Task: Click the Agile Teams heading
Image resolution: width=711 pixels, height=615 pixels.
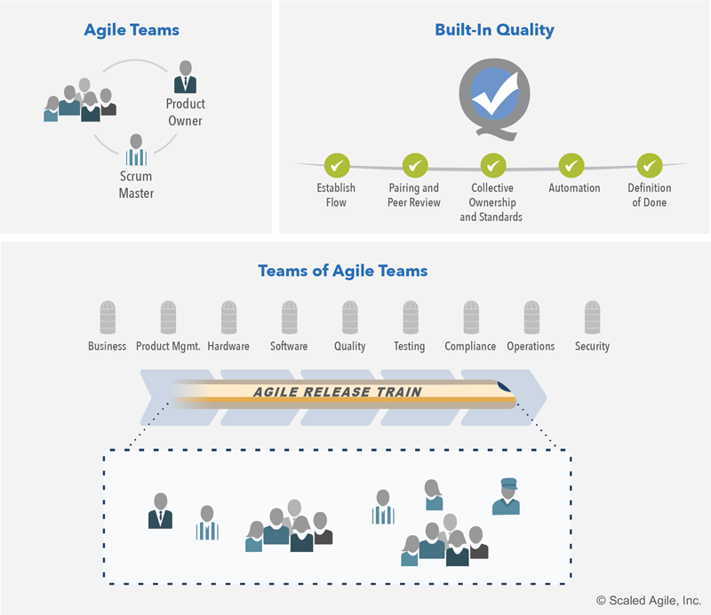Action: [132, 30]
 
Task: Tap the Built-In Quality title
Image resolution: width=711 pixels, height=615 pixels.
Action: [494, 30]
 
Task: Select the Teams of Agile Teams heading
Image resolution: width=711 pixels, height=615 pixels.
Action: [342, 271]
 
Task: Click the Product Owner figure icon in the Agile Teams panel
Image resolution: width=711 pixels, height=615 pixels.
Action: [186, 78]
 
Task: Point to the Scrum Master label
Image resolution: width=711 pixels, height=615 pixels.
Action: [136, 185]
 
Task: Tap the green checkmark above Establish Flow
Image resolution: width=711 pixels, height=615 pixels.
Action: [336, 164]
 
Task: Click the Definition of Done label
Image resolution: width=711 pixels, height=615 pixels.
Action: [651, 195]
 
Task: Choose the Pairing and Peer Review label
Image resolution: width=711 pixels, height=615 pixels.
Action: [414, 195]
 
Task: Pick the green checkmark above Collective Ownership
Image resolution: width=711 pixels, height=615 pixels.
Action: [493, 164]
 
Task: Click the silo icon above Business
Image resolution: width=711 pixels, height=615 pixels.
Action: [108, 317]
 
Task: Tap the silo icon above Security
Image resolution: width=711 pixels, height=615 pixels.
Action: [592, 317]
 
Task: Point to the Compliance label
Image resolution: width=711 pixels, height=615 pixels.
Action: [470, 346]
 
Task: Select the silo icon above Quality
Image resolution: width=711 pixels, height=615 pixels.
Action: [349, 317]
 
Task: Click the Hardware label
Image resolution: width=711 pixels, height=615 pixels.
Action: [228, 346]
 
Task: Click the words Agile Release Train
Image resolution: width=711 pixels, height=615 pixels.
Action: [338, 391]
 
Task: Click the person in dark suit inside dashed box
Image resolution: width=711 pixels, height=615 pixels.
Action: [161, 510]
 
